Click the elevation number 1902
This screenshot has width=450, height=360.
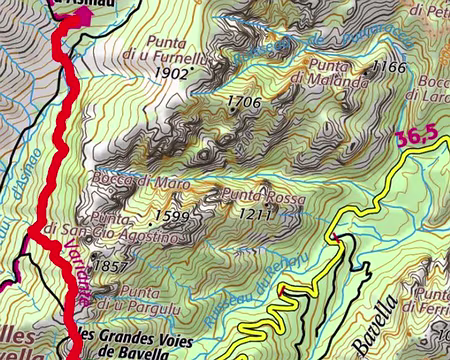pos(173,73)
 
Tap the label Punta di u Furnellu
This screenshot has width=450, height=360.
pos(180,50)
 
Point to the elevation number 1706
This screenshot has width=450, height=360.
pos(243,102)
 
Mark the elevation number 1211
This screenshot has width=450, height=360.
pos(256,213)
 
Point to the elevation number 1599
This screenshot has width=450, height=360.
pos(172,216)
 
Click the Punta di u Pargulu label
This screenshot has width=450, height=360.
pos(140,297)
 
